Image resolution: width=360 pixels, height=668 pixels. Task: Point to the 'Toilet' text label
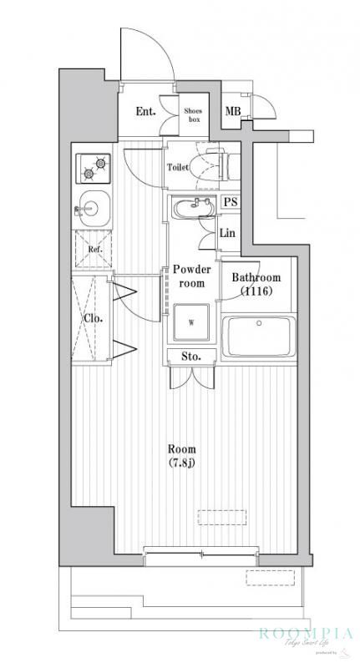pos(178,167)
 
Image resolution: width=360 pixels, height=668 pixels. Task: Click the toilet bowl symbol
pos(209,165)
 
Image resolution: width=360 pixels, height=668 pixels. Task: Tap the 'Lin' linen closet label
pos(226,234)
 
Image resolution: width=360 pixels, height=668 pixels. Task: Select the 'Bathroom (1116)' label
pos(256,284)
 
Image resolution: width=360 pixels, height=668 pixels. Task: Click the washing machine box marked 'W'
pos(191,323)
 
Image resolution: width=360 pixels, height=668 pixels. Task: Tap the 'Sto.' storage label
pos(191,357)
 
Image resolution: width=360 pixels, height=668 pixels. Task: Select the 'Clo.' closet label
pos(93,318)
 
